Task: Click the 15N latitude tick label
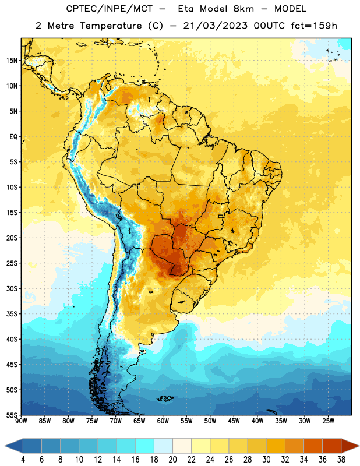(12, 61)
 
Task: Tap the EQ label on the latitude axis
(13, 137)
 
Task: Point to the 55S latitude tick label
(12, 415)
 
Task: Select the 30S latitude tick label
(12, 288)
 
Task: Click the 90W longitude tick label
(21, 421)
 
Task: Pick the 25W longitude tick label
(328, 421)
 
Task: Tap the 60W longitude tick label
(163, 421)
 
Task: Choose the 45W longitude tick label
(234, 421)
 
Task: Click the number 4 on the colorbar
(23, 460)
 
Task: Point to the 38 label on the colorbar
(341, 460)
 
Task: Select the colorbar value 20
(172, 460)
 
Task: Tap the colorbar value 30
(266, 460)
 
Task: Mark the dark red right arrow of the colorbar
(350, 446)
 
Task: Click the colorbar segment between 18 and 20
(163, 446)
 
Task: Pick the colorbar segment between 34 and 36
(313, 446)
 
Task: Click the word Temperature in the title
(111, 26)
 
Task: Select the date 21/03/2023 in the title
(215, 26)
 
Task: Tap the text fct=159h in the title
(314, 26)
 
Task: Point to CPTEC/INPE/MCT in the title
(109, 9)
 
